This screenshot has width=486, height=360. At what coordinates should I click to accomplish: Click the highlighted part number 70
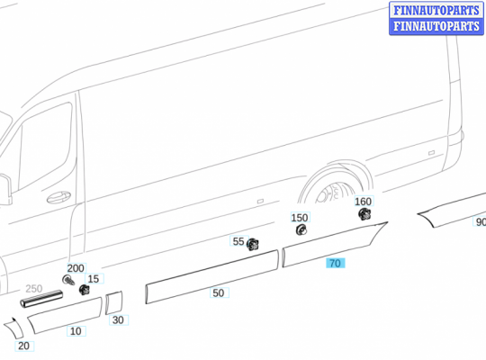pos(335,264)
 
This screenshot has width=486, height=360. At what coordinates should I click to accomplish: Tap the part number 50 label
pos(219,292)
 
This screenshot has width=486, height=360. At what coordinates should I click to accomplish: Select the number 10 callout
pos(76,331)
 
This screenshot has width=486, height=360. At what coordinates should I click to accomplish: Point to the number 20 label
pos(23,346)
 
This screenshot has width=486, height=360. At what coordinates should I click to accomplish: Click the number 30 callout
pos(118,320)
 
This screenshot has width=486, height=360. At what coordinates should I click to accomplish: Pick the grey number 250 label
pos(33,289)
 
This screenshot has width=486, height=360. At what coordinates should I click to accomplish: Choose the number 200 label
pos(76,268)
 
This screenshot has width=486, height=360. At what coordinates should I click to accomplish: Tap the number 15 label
pos(94,279)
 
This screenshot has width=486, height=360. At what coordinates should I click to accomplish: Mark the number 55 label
pos(238,241)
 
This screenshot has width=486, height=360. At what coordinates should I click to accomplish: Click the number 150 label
pos(299,218)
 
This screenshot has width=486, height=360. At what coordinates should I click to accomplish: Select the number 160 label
pos(363,202)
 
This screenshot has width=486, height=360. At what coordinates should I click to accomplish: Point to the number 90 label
pos(481,222)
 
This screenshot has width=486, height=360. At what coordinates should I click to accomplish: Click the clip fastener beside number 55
pos(253,244)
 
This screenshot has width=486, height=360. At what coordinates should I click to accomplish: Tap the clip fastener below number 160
pos(364,214)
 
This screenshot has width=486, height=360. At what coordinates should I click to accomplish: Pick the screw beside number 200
pos(68,280)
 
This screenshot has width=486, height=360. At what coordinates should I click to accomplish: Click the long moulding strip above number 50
pos(211,274)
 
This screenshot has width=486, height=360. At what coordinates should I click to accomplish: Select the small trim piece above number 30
pos(113,302)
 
